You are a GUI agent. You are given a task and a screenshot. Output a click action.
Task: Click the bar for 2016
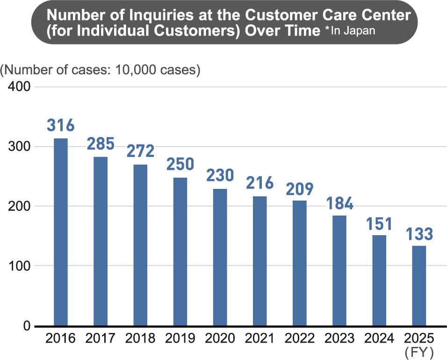coord(61,231)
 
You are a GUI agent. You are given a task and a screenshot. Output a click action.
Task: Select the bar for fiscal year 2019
coord(180,251)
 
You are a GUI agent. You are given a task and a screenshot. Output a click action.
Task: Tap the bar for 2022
coord(299,263)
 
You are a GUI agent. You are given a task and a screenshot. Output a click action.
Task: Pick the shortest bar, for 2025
coord(419,285)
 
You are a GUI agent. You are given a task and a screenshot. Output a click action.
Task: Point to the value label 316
coord(61,126)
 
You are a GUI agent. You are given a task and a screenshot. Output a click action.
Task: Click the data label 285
coord(100,144)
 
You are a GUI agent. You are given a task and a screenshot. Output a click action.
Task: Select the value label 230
coord(220,176)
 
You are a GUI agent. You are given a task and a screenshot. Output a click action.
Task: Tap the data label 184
coord(339,203)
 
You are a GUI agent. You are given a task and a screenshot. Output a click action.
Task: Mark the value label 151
coord(379,223)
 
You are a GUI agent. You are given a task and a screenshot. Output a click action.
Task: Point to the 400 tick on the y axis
coord(19,87)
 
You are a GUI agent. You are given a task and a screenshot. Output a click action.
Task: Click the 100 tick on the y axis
coord(19,266)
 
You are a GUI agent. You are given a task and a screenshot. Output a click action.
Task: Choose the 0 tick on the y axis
coord(26,325)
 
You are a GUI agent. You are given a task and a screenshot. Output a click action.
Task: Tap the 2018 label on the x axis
coord(140,338)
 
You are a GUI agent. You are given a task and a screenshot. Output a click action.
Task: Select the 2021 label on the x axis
coord(260,338)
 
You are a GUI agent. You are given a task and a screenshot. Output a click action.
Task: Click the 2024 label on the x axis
coord(379,338)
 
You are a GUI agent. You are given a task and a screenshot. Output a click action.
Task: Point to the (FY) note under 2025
coord(419,351)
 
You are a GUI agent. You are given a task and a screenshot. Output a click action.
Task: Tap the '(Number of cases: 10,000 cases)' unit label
coord(100,70)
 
